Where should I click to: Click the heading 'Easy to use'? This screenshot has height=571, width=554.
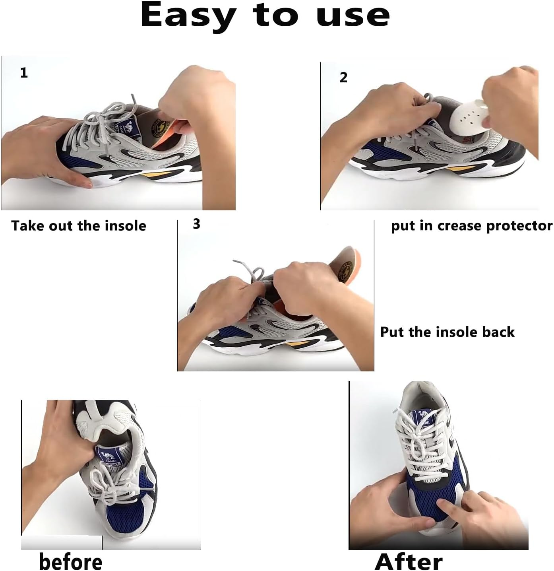click(265, 16)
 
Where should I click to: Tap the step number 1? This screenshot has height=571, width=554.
click(24, 73)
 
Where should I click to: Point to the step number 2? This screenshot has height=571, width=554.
click(343, 78)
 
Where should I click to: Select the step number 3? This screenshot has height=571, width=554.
click(196, 224)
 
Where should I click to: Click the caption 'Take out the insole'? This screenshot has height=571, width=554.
click(79, 226)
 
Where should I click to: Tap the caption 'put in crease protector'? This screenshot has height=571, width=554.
click(471, 226)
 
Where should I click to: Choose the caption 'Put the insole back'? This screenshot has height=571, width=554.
click(447, 332)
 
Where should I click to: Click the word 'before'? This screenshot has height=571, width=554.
click(70, 561)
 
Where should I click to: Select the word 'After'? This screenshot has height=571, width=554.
click(409, 561)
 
